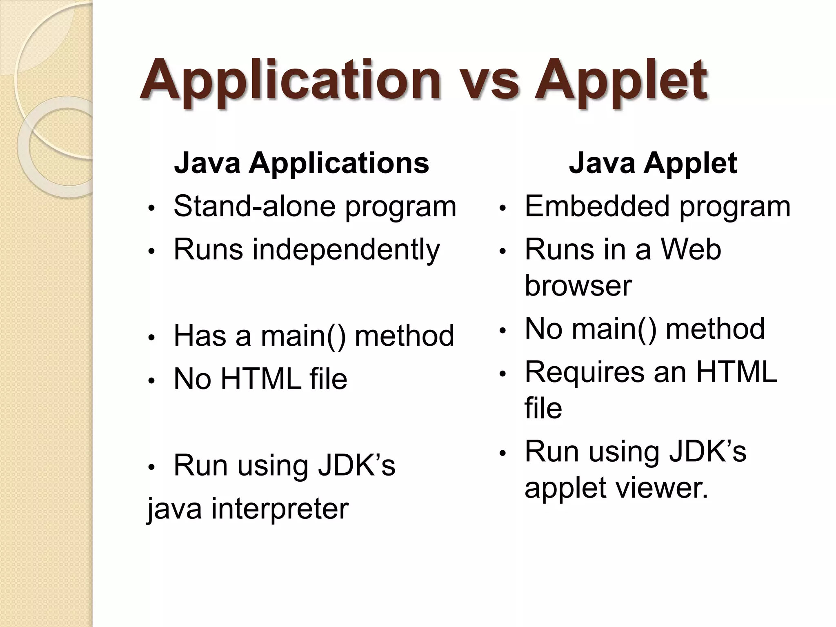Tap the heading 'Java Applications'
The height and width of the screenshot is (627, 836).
(301, 163)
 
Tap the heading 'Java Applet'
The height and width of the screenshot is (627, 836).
(653, 163)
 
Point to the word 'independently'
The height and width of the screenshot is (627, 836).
(346, 250)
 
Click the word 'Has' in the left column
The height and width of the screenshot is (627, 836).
(200, 336)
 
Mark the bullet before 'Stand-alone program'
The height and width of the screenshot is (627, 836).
(151, 208)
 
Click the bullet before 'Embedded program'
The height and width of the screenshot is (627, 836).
(503, 208)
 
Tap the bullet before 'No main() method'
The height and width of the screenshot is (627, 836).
(503, 331)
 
